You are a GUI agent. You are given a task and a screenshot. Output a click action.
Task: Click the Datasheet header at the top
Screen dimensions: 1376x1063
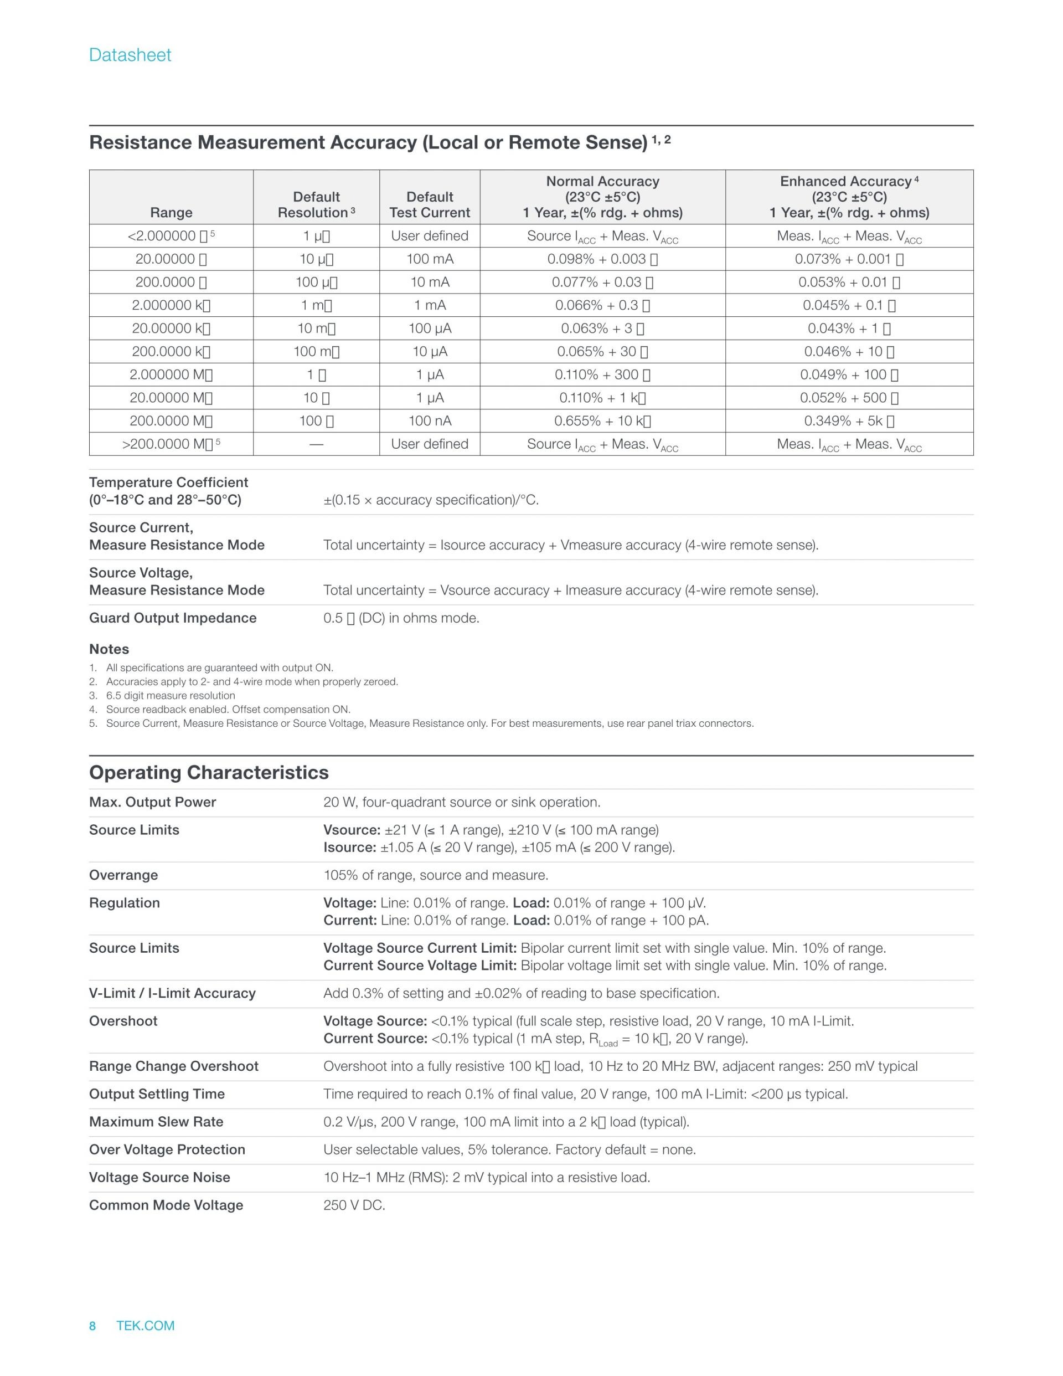(x=130, y=55)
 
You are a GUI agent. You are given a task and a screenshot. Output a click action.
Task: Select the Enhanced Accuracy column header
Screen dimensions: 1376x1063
(x=849, y=197)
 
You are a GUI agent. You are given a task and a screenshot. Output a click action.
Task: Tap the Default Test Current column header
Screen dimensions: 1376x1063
(x=430, y=205)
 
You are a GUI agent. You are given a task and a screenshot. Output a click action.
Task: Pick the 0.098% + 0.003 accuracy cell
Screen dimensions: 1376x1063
(x=602, y=259)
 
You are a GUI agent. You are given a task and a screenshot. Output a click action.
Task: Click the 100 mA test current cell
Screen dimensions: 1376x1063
(x=430, y=259)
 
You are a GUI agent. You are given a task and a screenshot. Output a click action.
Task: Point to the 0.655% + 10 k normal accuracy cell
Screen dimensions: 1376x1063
(x=602, y=421)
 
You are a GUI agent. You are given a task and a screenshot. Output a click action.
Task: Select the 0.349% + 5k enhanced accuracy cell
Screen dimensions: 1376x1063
(x=849, y=421)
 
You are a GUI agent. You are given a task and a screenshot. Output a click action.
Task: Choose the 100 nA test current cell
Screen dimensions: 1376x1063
(x=430, y=421)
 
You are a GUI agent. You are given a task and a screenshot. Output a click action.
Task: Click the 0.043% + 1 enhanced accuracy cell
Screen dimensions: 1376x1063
(x=849, y=328)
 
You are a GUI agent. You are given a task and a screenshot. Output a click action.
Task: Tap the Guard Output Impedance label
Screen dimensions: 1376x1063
(x=173, y=618)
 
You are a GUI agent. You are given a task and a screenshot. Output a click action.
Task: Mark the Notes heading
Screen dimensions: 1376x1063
(x=109, y=649)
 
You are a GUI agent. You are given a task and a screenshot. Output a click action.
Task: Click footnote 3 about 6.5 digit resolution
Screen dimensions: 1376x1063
(x=170, y=696)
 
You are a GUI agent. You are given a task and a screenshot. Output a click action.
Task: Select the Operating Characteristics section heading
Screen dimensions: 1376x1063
(x=208, y=772)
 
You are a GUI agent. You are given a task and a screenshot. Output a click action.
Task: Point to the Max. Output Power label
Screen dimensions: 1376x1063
(x=152, y=802)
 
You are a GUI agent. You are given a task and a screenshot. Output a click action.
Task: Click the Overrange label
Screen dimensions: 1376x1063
(x=123, y=875)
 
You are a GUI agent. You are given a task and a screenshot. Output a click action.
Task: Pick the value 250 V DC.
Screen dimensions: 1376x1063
(x=354, y=1205)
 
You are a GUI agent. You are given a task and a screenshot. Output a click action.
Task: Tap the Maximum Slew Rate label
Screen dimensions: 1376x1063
(x=156, y=1122)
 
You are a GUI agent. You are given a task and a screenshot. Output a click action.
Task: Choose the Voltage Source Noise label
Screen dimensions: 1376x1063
(x=159, y=1178)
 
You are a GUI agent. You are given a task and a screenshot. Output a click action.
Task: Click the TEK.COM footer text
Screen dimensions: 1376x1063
(x=146, y=1326)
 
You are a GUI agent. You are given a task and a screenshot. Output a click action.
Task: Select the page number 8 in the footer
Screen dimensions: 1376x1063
(x=92, y=1326)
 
